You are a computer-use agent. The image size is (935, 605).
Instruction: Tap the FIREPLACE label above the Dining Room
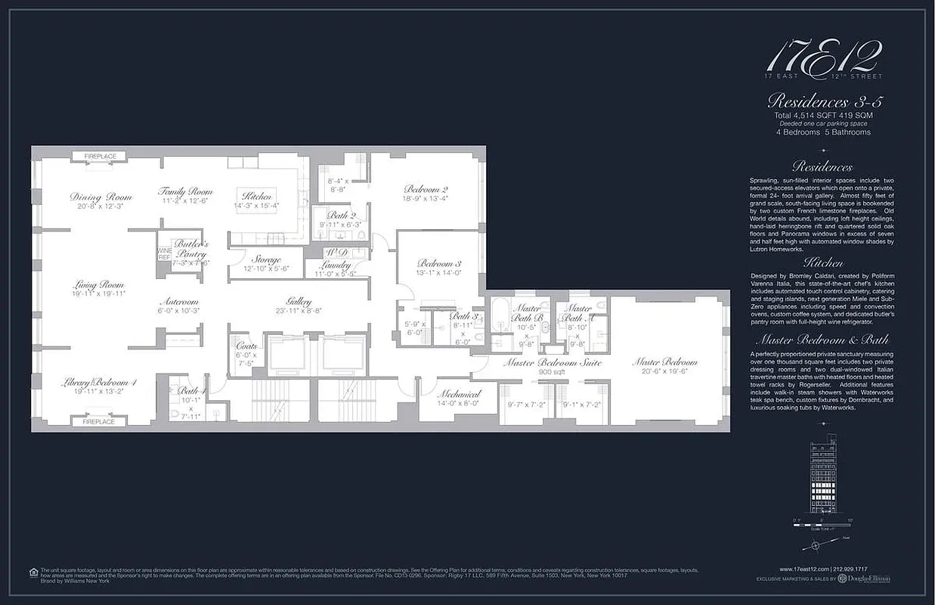click(100, 157)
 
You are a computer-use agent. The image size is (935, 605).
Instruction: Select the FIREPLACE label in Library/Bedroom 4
click(99, 421)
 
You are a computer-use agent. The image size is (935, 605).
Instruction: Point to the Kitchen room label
click(257, 197)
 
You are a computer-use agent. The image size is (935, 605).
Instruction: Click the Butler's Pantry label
click(190, 249)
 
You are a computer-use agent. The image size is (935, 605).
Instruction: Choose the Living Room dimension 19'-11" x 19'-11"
click(99, 293)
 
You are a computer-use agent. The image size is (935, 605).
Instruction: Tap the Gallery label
click(299, 300)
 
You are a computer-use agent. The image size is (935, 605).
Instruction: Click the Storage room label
click(265, 260)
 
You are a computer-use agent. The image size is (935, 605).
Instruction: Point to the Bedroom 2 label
click(426, 189)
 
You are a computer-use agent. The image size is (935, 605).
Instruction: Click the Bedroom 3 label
click(438, 263)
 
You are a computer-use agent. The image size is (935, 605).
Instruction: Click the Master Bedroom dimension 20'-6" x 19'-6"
click(664, 371)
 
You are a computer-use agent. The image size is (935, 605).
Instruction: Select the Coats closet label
click(246, 345)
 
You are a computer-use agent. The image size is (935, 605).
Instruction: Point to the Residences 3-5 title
click(825, 101)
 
